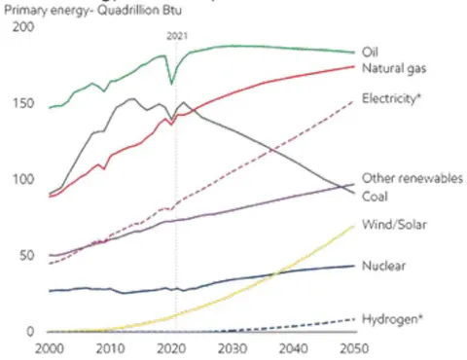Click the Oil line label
[370, 52]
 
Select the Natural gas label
[394, 68]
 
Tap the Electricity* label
[391, 98]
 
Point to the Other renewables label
[413, 178]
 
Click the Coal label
[375, 197]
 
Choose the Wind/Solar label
[394, 225]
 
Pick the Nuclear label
[383, 266]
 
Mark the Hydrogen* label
[392, 319]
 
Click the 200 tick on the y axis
[23, 27]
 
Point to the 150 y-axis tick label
[23, 103]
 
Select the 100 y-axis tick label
[23, 179]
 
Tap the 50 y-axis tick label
[26, 256]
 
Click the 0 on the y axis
[30, 332]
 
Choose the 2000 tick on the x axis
[50, 348]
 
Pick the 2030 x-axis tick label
[233, 348]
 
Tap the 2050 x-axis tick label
[354, 348]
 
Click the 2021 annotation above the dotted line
[177, 36]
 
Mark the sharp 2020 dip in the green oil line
[172, 84]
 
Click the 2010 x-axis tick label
[110, 348]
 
